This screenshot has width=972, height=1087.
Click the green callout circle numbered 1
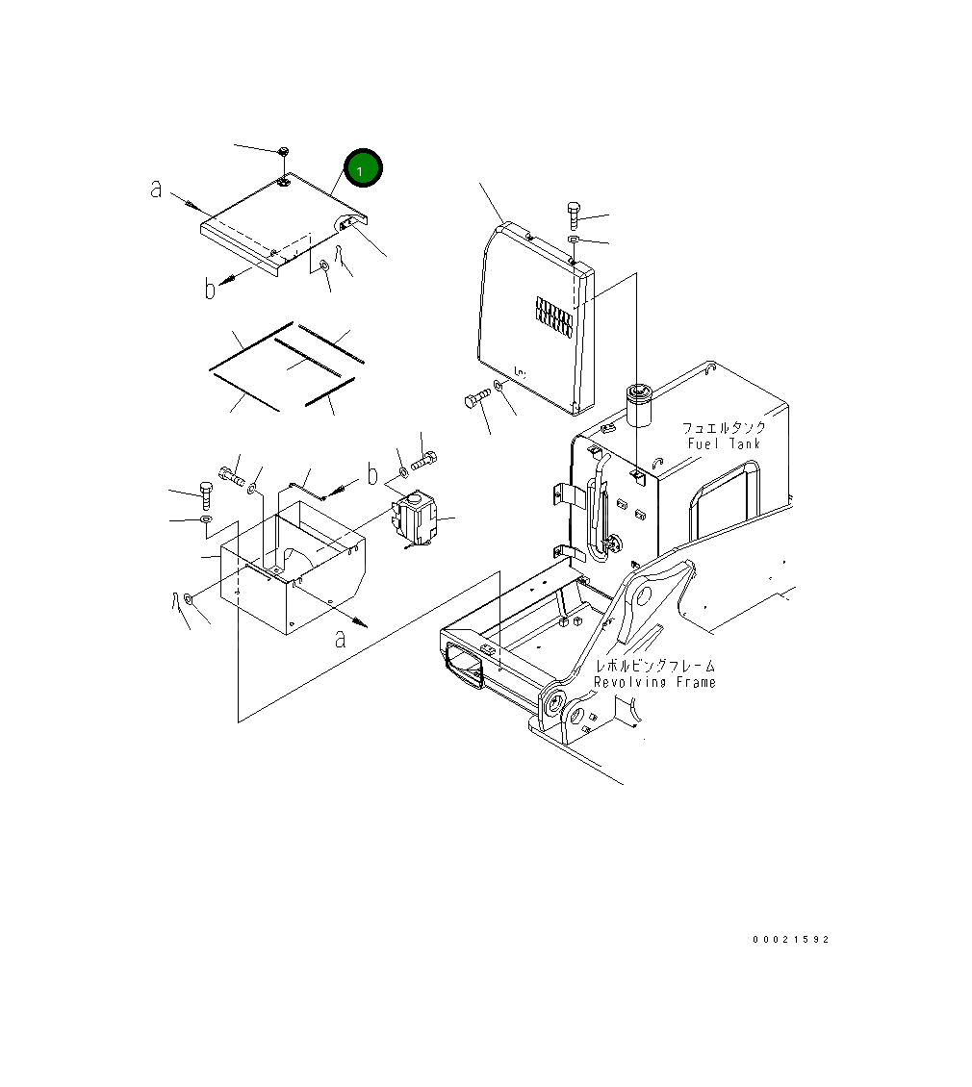363,167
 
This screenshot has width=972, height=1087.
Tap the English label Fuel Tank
724,443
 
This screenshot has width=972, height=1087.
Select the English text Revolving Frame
654,682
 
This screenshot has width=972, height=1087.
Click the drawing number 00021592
790,939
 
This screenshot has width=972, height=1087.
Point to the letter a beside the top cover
156,188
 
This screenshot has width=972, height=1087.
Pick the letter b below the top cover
210,288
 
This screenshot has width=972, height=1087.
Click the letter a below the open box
340,639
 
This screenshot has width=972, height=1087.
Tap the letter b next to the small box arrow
372,474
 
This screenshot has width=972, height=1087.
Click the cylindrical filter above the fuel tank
639,406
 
